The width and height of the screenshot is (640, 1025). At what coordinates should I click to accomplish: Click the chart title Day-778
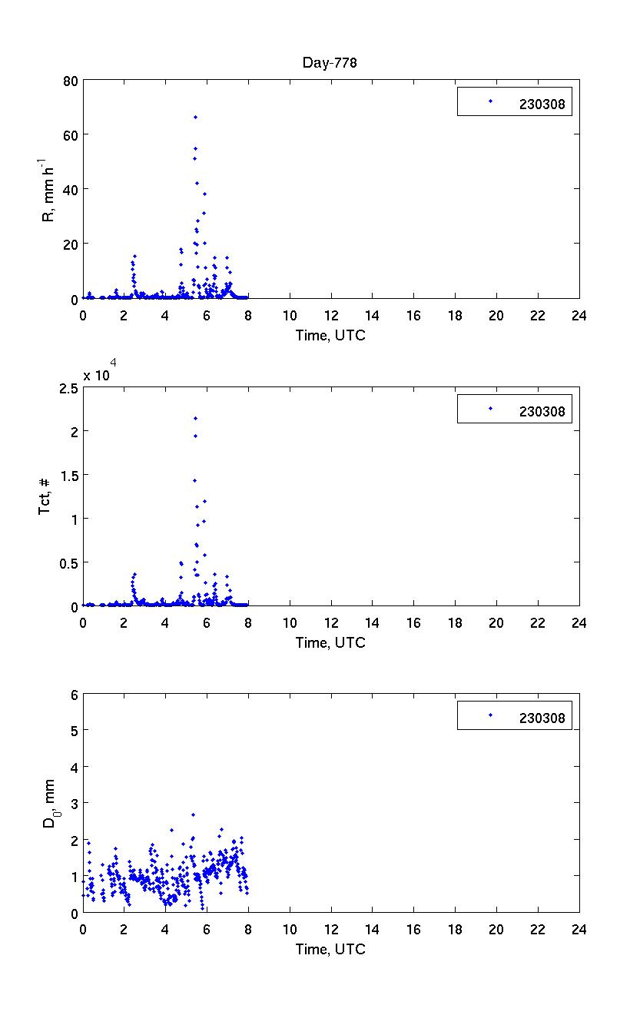pyautogui.click(x=329, y=63)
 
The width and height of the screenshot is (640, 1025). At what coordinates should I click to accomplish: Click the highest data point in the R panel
pyautogui.click(x=195, y=117)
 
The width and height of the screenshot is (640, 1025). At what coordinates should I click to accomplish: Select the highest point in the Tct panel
pyautogui.click(x=195, y=418)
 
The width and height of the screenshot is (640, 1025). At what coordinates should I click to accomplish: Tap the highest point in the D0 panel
pyautogui.click(x=193, y=814)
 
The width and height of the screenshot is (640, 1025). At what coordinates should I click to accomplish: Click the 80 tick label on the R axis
pyautogui.click(x=68, y=80)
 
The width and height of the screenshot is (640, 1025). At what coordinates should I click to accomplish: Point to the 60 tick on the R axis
pyautogui.click(x=68, y=134)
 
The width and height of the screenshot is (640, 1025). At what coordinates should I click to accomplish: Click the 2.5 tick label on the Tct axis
pyautogui.click(x=66, y=388)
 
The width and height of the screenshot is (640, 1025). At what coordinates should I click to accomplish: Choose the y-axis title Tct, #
pyautogui.click(x=45, y=496)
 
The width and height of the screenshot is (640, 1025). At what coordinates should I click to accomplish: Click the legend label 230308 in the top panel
pyautogui.click(x=542, y=106)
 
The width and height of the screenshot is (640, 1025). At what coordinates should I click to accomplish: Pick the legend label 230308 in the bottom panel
pyautogui.click(x=542, y=718)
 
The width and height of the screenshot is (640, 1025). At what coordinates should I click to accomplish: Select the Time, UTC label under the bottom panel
pyautogui.click(x=330, y=949)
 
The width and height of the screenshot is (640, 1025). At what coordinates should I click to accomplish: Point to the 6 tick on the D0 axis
pyautogui.click(x=74, y=694)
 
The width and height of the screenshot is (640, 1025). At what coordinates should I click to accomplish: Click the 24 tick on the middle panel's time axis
pyautogui.click(x=579, y=622)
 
